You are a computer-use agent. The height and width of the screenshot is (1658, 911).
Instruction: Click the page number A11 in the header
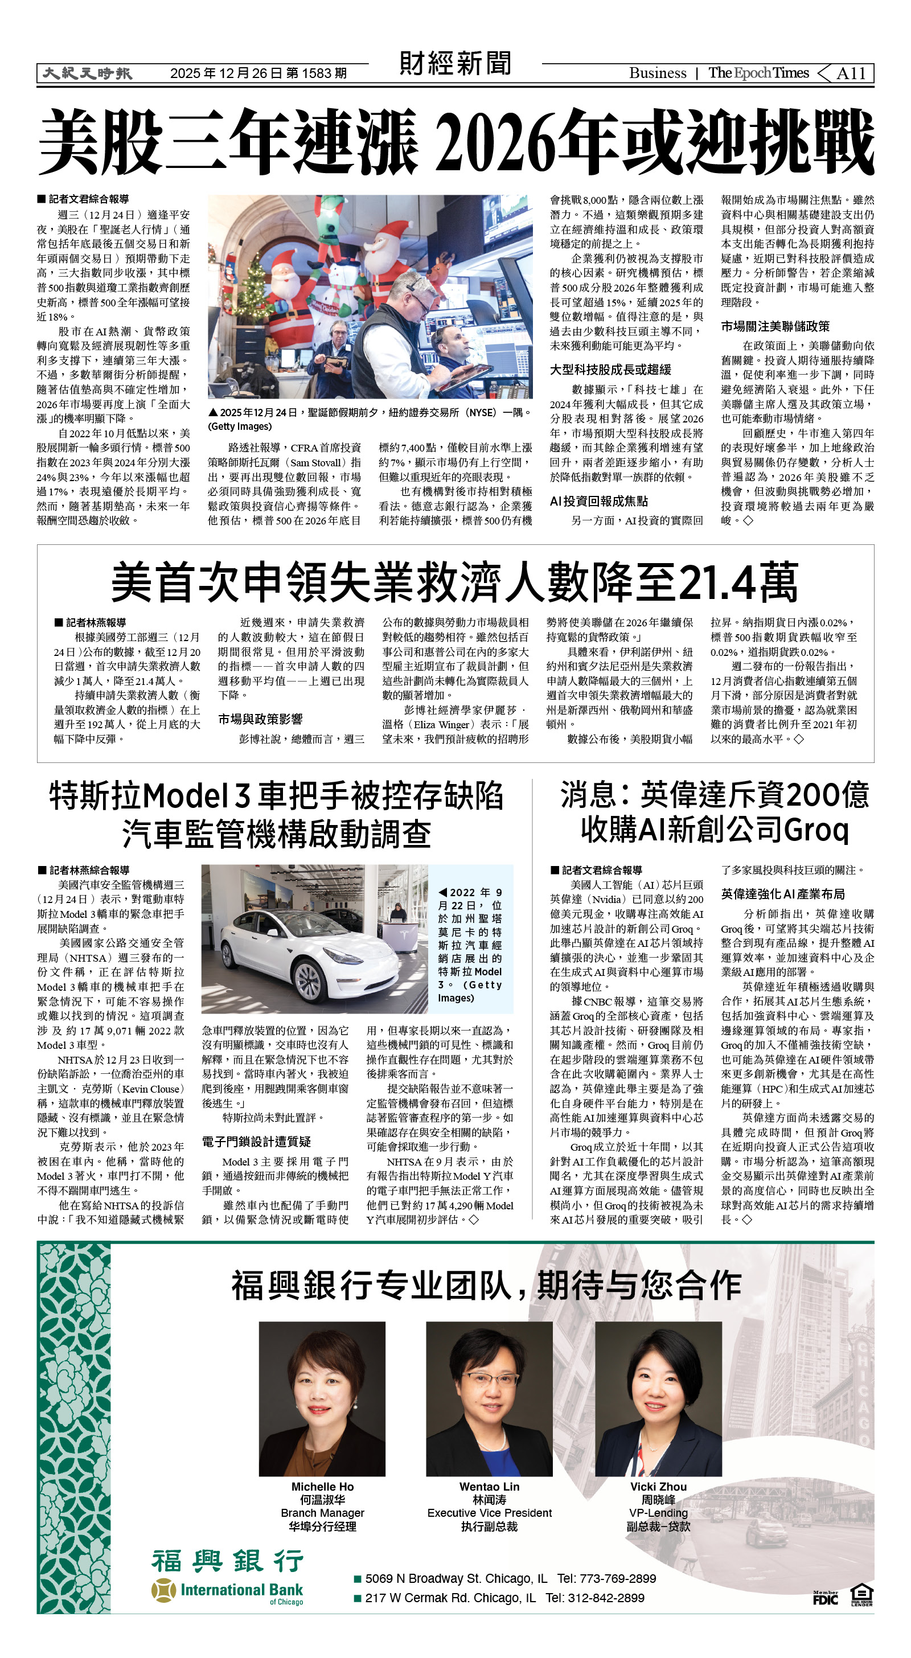(x=851, y=73)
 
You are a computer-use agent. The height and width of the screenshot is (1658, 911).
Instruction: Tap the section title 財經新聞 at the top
(x=455, y=64)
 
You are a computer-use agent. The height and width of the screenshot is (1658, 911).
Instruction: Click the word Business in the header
(x=657, y=73)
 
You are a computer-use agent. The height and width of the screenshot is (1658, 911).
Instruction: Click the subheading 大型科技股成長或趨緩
(x=610, y=370)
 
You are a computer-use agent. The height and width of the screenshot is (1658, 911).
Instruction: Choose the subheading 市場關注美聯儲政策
(x=774, y=326)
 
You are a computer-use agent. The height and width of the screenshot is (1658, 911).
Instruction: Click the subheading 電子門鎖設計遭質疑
(x=256, y=1142)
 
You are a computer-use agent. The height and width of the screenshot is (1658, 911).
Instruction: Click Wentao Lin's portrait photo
(x=489, y=1398)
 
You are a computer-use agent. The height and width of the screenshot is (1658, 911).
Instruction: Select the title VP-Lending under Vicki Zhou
(x=658, y=1513)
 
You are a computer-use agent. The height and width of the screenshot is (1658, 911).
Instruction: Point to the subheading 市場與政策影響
(x=260, y=719)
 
